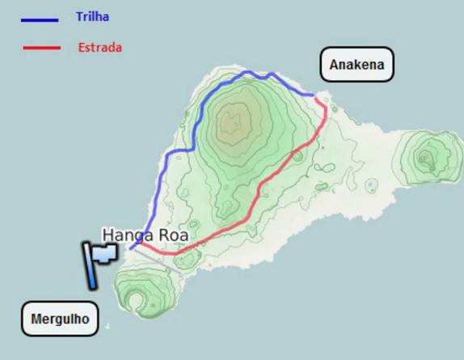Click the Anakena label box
tap(356, 64)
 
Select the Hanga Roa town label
tap(145, 235)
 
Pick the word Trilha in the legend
tap(92, 17)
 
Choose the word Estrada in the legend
tap(100, 48)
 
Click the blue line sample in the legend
tap(40, 19)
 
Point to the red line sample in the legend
tap(41, 49)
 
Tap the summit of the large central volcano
tap(235, 121)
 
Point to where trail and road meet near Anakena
tap(314, 95)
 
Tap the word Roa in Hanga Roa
tap(173, 235)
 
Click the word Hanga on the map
tap(126, 235)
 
